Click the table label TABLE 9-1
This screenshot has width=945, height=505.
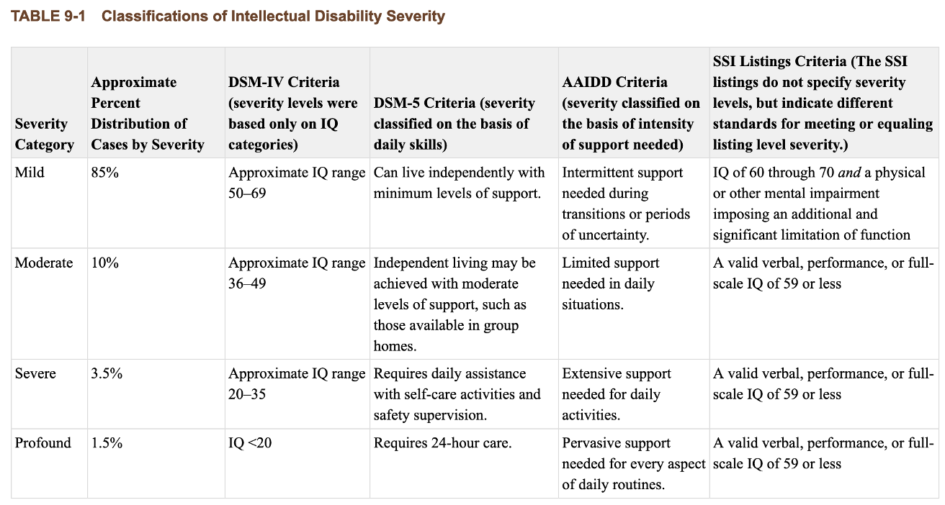pos(48,16)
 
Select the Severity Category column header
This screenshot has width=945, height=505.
pos(44,134)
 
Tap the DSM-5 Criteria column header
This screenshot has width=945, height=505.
pos(454,124)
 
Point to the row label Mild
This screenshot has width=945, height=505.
pos(29,173)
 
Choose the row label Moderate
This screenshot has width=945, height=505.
pos(44,263)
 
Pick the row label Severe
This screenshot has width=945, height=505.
pos(35,374)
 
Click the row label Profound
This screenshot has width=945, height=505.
pos(43,443)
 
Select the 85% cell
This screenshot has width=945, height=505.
pos(104,173)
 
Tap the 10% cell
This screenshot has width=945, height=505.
pos(104,263)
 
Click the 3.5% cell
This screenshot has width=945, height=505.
pos(107,374)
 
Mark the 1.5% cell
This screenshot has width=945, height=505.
pos(107,443)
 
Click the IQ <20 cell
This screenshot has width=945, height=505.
pos(250,443)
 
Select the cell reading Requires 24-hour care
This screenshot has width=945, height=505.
pos(442,443)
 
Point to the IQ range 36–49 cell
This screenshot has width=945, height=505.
pos(296,273)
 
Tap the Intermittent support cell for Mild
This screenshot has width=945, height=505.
pos(626,204)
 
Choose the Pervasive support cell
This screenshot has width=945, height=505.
pos(632,463)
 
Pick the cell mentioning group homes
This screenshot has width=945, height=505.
pos(454,304)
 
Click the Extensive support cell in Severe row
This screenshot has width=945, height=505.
pos(617,394)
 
